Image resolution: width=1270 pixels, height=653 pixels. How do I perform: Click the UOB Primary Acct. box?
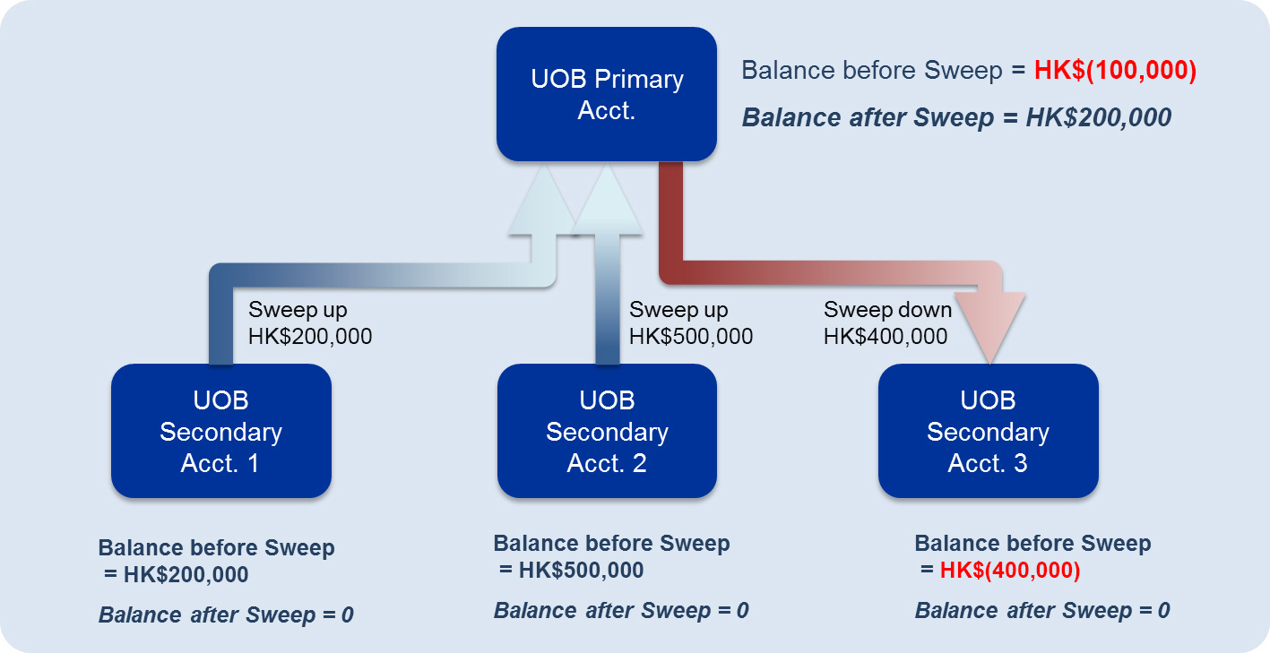point(607,94)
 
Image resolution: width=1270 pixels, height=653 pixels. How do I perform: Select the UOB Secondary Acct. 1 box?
point(221,431)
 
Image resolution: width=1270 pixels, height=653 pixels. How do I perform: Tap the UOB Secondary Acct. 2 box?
point(608,431)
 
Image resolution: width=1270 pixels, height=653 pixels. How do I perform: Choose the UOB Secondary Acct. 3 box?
point(989,431)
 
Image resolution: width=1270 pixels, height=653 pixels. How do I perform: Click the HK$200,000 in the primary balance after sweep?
point(1099,117)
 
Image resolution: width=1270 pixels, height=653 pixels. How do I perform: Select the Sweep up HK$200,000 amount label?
point(310,323)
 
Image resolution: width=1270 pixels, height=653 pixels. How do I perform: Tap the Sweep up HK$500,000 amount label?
point(691,323)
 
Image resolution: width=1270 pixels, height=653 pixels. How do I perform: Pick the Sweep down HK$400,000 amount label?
point(888,323)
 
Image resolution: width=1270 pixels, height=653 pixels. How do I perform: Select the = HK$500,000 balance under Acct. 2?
point(572,570)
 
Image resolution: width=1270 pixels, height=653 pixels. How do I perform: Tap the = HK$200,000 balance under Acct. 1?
point(177,574)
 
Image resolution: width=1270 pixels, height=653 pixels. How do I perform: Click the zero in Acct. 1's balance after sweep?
point(347,615)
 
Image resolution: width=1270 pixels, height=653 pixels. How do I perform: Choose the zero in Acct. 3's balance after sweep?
point(1164,611)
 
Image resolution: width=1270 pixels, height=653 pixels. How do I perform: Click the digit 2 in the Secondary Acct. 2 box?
point(640,463)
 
